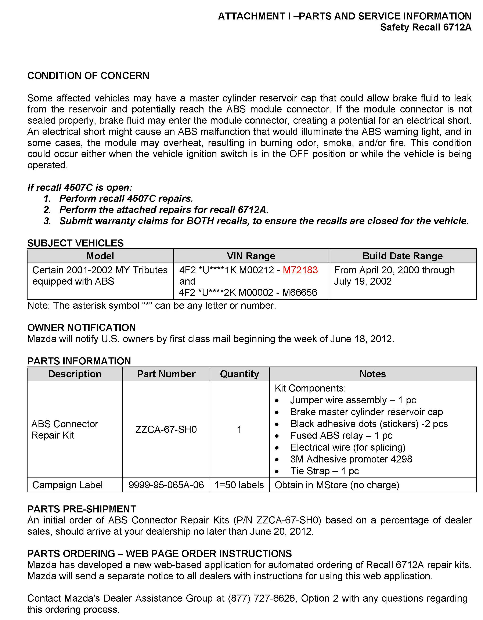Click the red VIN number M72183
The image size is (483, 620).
pos(300,270)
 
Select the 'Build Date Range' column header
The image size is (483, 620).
pos(402,256)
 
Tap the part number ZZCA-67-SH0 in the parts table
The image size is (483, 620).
pos(166,429)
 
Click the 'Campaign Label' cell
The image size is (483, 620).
pos(68,485)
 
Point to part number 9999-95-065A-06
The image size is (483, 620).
pos(166,485)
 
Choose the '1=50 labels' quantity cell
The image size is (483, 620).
pos(239,485)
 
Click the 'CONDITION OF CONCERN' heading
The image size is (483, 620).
pos(88,76)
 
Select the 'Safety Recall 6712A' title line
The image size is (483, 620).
pos(426,27)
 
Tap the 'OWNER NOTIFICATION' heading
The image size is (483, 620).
pos(82,328)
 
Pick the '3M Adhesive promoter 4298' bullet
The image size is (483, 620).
pos(351,459)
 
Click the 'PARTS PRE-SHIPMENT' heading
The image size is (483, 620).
pos(82,509)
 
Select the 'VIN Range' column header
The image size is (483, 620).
pos(251,256)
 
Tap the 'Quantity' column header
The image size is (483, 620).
pos(239,374)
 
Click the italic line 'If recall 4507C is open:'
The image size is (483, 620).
pos(80,188)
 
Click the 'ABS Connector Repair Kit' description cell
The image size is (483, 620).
pos(65,429)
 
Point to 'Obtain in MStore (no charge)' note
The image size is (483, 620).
pos(337,485)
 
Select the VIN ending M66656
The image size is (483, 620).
pos(300,292)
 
